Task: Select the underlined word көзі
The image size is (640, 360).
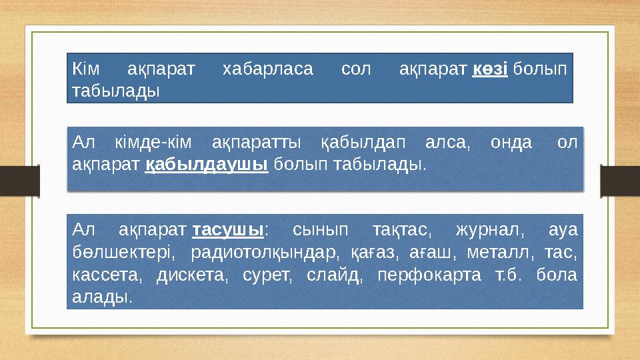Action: coord(490,69)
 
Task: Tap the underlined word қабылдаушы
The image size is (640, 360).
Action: coord(206,163)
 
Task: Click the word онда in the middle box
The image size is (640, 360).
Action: coord(511,143)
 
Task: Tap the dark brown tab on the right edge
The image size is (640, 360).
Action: coord(620,181)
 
